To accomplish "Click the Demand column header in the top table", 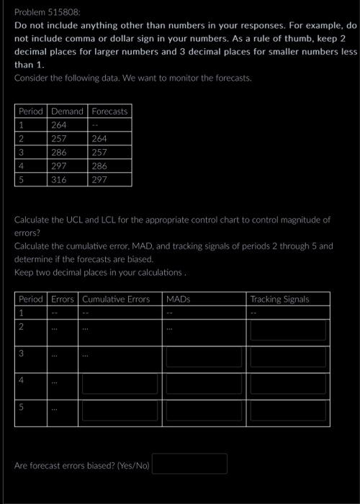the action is pos(67,112).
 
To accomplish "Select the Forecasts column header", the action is pos(109,112).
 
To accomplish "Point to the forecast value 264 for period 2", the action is pos(99,139).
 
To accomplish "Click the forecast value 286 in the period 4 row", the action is pos(99,166).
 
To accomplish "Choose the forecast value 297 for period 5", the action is pos(99,180).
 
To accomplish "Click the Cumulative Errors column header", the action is pos(116,299).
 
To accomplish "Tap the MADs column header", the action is pos(178,299).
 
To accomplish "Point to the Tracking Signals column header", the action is pos(279,299).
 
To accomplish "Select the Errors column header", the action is pos(63,299).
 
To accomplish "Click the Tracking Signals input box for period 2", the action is pos(288,330).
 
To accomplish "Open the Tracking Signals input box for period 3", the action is pos(288,357).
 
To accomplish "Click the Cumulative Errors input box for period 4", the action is pos(120,384).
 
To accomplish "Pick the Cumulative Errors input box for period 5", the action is pos(120,410).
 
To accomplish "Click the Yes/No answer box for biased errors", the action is pos(189,464).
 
